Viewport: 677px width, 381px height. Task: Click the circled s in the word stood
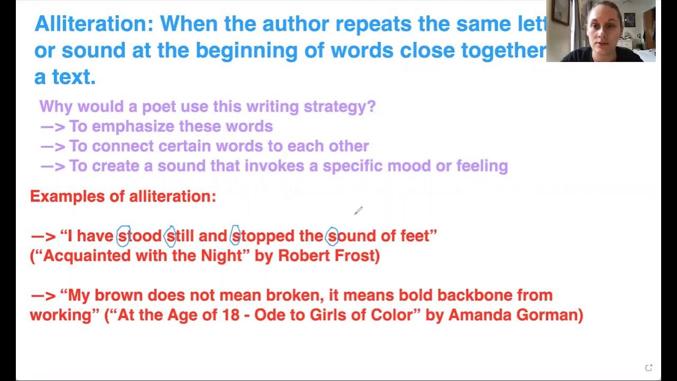[123, 236]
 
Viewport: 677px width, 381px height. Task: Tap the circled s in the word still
[170, 236]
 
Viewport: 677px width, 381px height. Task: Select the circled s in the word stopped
[235, 236]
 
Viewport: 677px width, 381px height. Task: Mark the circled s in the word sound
[332, 236]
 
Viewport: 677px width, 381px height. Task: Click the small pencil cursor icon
[358, 211]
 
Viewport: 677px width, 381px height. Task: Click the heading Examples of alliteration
[123, 196]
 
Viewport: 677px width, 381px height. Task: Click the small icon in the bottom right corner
[648, 368]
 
